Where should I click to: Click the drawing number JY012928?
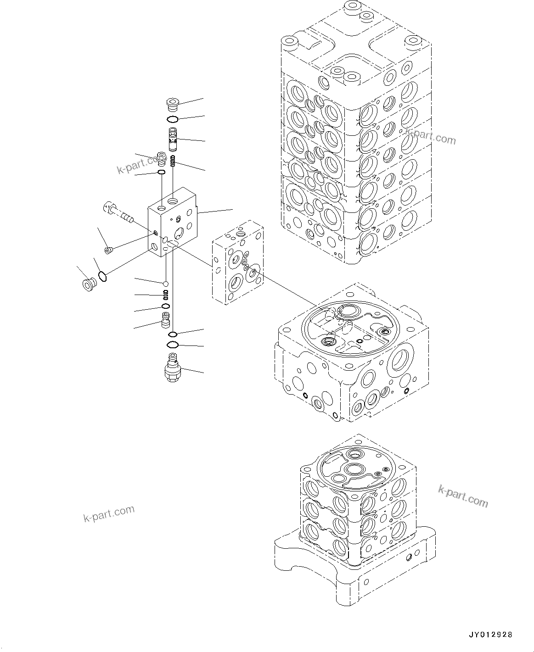tap(490, 635)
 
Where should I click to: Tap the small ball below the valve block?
tap(165, 282)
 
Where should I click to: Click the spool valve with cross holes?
tap(173, 139)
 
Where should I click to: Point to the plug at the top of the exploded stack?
tap(173, 105)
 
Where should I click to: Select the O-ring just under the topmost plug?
tap(173, 120)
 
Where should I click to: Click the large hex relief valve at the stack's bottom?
tap(172, 367)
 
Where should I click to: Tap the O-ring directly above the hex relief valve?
tap(173, 345)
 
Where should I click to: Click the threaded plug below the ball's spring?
tap(165, 318)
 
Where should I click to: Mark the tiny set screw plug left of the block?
tap(109, 250)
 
